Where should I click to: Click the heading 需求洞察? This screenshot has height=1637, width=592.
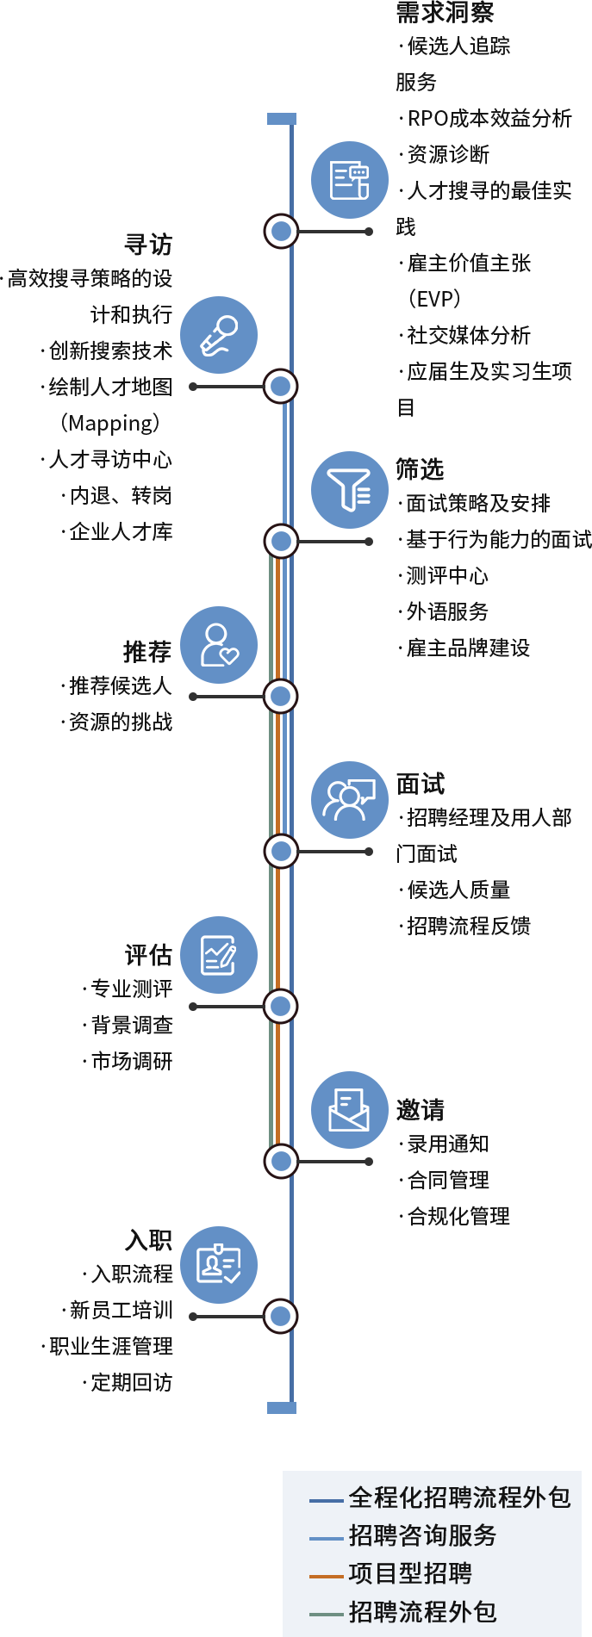coord(445,13)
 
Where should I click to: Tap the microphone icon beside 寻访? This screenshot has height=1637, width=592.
coord(219,335)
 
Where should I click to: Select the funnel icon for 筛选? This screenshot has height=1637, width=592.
coord(350,490)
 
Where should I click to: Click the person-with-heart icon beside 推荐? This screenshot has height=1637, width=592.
coord(219,645)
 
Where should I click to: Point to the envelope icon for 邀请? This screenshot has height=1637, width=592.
coord(350,1110)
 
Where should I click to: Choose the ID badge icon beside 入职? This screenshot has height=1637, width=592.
coord(219,1265)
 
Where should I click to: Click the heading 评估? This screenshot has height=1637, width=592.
coord(148,955)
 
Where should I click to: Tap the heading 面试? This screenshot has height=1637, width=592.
coord(421,784)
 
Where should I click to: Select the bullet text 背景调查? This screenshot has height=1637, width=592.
coord(133,1025)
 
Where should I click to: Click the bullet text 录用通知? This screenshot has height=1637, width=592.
coord(448,1144)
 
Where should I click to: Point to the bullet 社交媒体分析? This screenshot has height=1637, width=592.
coord(469,335)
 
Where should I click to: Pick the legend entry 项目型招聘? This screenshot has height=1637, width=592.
coord(410,1573)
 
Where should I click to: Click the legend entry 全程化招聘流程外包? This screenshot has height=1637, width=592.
coord(459,1497)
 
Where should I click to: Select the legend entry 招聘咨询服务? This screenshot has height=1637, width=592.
coord(422,1535)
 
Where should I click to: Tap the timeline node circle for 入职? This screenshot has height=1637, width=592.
coord(281,1316)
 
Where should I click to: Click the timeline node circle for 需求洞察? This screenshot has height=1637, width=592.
coord(281,231)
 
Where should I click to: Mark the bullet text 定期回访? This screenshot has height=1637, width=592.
coord(133,1382)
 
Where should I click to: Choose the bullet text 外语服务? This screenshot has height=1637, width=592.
coord(448,611)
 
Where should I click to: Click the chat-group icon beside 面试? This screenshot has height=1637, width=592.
coord(350,800)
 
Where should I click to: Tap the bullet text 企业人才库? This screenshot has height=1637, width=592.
coord(122,531)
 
